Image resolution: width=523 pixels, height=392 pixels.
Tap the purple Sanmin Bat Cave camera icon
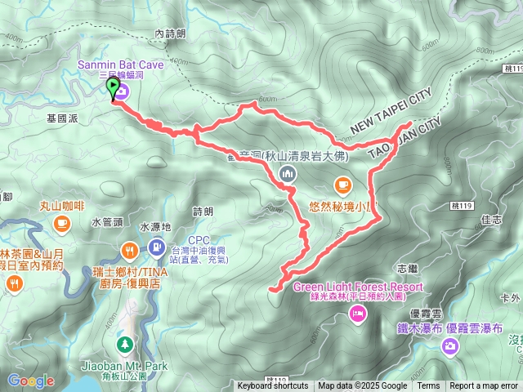(x=132, y=92)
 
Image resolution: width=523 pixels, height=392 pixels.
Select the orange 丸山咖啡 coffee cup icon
(x=62, y=223)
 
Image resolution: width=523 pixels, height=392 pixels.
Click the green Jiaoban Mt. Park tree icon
(x=124, y=344)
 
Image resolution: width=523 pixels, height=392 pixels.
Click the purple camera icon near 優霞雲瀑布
(x=449, y=347)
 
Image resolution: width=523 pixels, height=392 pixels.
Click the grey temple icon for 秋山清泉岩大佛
(x=287, y=172)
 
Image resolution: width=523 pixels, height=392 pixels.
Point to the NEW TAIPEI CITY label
(x=390, y=114)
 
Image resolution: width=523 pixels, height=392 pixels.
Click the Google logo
(x=30, y=381)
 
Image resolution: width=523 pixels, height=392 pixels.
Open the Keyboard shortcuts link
(x=273, y=386)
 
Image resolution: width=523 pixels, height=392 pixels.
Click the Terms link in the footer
(x=428, y=386)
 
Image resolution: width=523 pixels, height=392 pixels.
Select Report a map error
(x=485, y=386)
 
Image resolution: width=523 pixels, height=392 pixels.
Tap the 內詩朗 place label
(x=170, y=33)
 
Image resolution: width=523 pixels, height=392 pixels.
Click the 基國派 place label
(x=62, y=118)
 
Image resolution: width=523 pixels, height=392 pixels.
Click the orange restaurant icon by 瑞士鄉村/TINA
(x=128, y=250)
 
